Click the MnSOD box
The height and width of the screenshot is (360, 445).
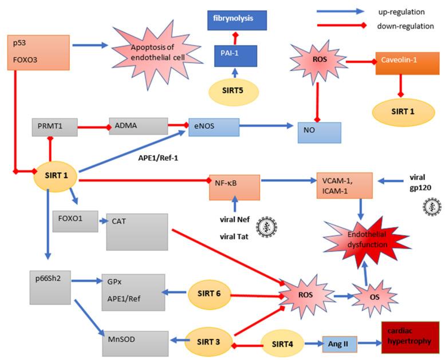136,341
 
